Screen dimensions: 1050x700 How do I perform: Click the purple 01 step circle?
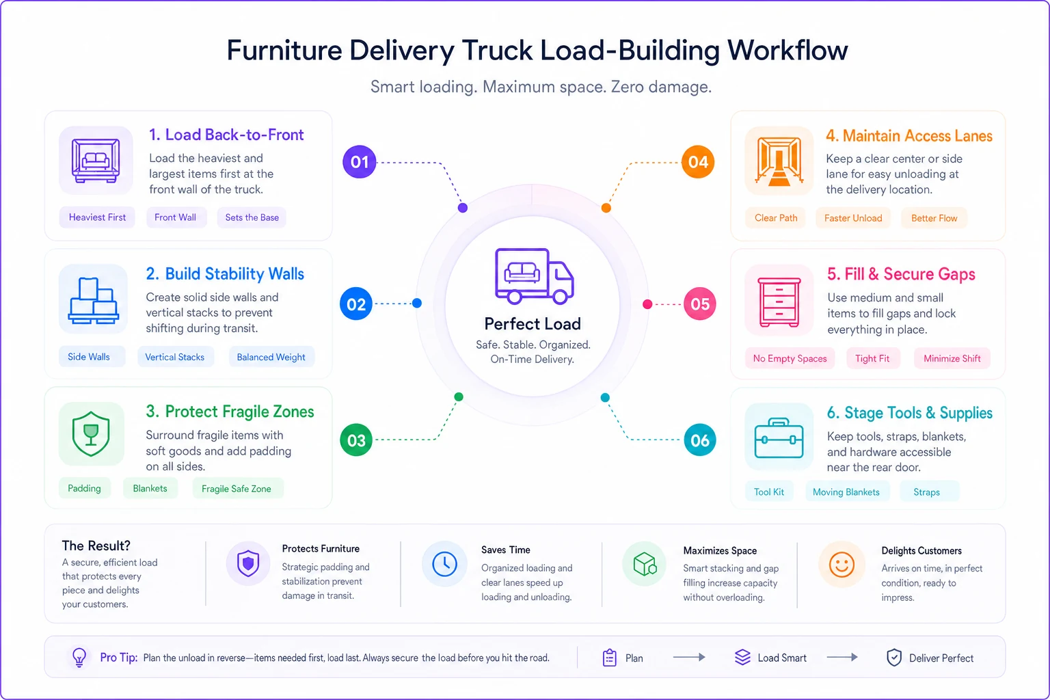pyautogui.click(x=359, y=162)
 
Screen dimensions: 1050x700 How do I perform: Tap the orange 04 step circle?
pyautogui.click(x=697, y=162)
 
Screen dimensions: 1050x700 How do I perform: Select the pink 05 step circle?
pyautogui.click(x=699, y=304)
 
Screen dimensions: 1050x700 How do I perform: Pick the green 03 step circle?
pyautogui.click(x=356, y=440)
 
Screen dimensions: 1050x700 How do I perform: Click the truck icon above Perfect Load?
pyautogui.click(x=534, y=277)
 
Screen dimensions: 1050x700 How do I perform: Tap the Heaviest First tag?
pyautogui.click(x=97, y=217)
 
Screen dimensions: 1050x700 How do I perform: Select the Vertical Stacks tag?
pyautogui.click(x=175, y=357)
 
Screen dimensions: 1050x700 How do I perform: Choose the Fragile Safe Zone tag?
pyautogui.click(x=237, y=489)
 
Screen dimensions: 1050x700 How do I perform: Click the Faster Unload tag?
pyautogui.click(x=853, y=218)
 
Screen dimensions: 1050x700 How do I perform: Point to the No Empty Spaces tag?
pyautogui.click(x=790, y=359)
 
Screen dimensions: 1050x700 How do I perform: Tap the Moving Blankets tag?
pyautogui.click(x=846, y=492)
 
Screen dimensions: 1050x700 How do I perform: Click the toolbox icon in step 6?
pyautogui.click(x=779, y=438)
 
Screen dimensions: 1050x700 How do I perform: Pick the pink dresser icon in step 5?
pyautogui.click(x=779, y=302)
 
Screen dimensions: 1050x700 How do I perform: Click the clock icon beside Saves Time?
pyautogui.click(x=444, y=564)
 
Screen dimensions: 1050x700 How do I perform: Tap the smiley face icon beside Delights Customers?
pyautogui.click(x=842, y=564)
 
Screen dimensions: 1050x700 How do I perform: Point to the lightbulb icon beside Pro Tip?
pyautogui.click(x=79, y=657)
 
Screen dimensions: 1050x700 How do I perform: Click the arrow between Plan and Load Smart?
pyautogui.click(x=689, y=658)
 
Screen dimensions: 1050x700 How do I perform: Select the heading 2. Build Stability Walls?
pyautogui.click(x=225, y=274)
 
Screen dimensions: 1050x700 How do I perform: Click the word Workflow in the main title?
pyautogui.click(x=787, y=50)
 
